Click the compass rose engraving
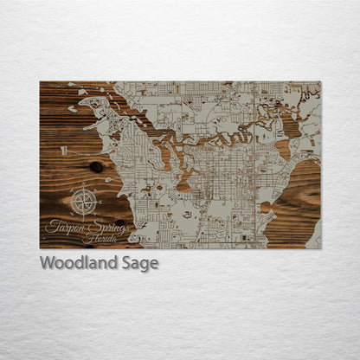tap(84, 202)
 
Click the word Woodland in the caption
tap(76, 262)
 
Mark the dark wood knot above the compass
tap(94, 166)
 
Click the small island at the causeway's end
tap(73, 109)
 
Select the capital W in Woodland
tap(47, 262)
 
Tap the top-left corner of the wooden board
tap(40, 82)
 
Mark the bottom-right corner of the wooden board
tap(320, 248)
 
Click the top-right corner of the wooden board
tap(320, 82)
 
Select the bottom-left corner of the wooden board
tap(40, 248)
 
